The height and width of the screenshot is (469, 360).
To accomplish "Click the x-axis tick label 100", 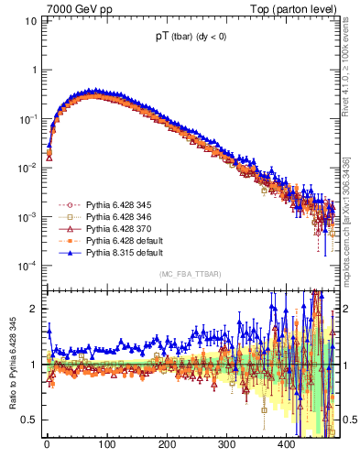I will coord(106,445).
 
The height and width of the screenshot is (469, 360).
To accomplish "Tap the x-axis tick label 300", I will coord(226,445).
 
